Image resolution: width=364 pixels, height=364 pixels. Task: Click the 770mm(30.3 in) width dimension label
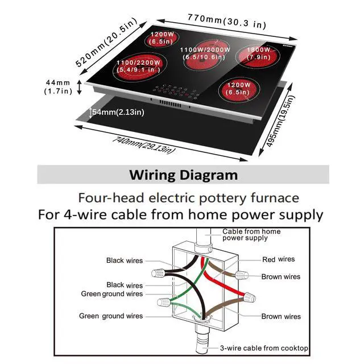[227, 21]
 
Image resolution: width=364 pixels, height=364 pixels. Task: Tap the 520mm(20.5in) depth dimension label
[106, 42]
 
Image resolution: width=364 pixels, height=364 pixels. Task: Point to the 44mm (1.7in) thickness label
[58, 87]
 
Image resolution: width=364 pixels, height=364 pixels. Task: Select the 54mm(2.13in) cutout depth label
[118, 112]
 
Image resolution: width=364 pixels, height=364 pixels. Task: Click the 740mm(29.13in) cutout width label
[144, 146]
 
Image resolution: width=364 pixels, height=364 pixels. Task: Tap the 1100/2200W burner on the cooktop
[137, 67]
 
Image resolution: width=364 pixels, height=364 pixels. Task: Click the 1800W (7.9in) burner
[258, 56]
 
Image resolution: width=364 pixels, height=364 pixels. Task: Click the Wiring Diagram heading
[183, 175]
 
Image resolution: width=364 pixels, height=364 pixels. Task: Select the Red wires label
[278, 259]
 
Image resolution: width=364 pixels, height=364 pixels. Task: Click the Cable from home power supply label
[251, 234]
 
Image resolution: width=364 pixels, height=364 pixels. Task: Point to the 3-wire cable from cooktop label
[264, 348]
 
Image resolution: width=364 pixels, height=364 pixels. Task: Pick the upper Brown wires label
[280, 276]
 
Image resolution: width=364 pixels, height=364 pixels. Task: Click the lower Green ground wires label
[111, 316]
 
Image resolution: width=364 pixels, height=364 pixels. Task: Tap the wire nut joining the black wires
[159, 272]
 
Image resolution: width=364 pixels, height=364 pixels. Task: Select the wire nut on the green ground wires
[164, 302]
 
